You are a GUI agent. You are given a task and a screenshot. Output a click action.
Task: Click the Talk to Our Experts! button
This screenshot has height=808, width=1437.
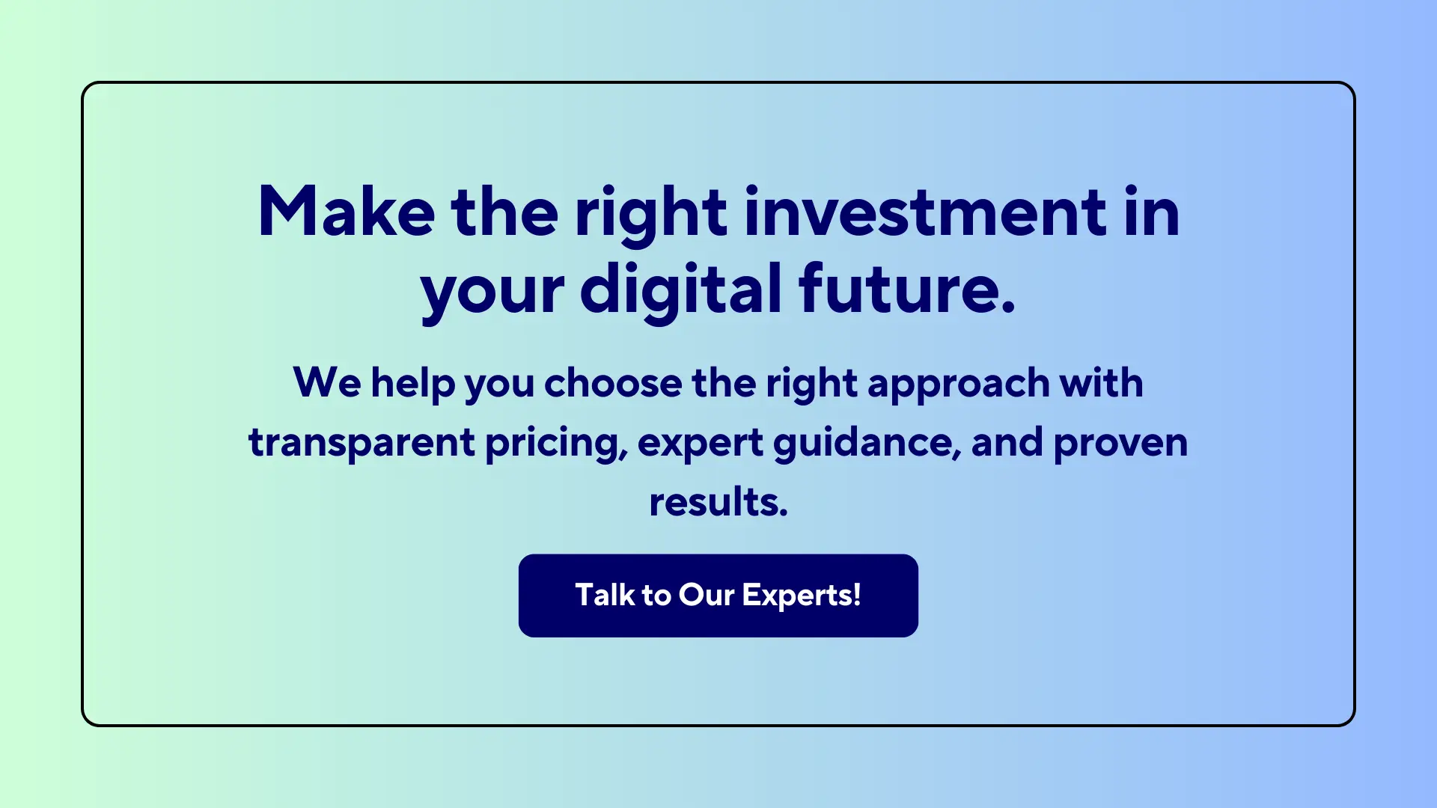[x=718, y=596]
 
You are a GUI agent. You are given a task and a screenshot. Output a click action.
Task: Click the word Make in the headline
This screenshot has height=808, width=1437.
[x=346, y=212]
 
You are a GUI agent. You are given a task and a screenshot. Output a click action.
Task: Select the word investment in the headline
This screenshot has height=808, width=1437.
[x=926, y=212]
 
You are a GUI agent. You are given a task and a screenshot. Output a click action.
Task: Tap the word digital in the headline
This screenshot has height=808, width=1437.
[x=680, y=290]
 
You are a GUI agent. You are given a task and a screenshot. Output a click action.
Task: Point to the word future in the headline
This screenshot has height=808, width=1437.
[x=898, y=290]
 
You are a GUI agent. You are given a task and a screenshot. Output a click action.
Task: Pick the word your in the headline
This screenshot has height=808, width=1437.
[x=492, y=292]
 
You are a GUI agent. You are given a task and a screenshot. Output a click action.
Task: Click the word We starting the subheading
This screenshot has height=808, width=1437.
[x=327, y=383]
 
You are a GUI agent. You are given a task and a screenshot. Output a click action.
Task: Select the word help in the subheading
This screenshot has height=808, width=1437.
[x=413, y=385]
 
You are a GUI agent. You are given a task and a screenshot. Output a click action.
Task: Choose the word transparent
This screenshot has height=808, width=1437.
[x=361, y=443]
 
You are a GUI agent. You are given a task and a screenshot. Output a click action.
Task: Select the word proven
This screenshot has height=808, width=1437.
[x=1120, y=444]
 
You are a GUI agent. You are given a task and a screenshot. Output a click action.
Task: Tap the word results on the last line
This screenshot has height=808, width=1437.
[x=718, y=502]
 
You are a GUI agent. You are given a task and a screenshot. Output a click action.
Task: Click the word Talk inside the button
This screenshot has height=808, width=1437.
[x=605, y=596]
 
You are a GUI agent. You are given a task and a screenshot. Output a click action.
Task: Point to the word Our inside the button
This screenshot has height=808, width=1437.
[x=706, y=596]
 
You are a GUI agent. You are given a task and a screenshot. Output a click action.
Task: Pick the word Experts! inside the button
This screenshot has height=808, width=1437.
[x=801, y=596]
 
